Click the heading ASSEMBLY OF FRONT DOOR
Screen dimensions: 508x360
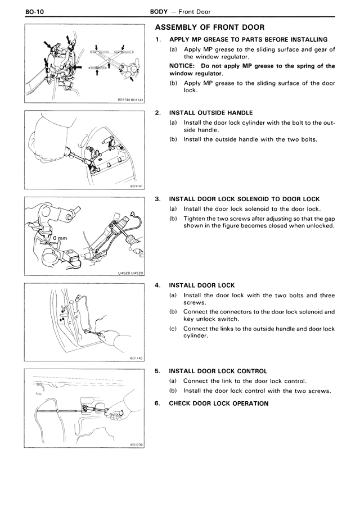[x=209, y=28]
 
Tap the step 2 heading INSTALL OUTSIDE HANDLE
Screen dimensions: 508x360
[x=211, y=112]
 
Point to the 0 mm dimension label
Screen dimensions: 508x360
[x=58, y=238]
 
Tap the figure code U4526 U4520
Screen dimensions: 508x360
[x=130, y=273]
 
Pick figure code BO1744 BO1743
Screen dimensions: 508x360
[x=130, y=100]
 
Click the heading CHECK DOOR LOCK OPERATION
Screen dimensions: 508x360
[x=219, y=403]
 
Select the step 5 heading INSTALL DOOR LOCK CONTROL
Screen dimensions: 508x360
[x=218, y=371]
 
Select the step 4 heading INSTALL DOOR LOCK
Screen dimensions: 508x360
[x=202, y=285]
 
